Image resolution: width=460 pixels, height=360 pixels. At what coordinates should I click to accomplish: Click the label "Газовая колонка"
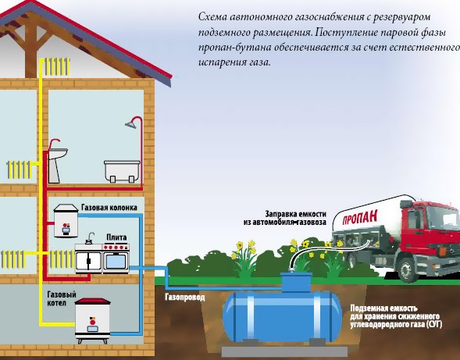tap(109, 208)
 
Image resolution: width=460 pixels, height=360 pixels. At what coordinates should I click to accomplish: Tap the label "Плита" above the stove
tap(116, 237)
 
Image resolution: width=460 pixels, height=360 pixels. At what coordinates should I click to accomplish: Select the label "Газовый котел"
tap(62, 298)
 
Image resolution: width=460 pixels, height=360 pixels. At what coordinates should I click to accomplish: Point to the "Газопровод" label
tap(185, 298)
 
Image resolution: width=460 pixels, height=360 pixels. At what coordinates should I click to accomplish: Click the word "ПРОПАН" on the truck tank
tap(360, 217)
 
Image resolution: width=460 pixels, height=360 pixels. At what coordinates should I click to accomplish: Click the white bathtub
tap(122, 171)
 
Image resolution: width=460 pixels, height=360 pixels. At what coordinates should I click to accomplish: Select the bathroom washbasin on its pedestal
tap(57, 164)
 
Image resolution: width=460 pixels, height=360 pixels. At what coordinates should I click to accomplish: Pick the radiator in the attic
tap(57, 66)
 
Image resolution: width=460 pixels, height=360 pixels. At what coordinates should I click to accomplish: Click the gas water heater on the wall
tap(66, 221)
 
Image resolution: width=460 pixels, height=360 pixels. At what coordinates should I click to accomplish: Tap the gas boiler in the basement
tap(93, 320)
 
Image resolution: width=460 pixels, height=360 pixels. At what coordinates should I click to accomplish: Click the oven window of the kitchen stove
tap(116, 262)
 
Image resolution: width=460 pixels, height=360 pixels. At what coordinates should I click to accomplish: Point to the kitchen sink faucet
tap(90, 237)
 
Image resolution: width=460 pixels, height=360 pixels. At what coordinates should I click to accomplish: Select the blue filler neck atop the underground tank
tap(296, 282)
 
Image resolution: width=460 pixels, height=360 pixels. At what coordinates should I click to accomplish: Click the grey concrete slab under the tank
tap(284, 351)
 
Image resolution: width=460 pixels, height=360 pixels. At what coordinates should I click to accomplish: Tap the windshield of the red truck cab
tap(444, 219)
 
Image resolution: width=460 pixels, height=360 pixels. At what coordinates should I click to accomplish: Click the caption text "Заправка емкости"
tap(295, 214)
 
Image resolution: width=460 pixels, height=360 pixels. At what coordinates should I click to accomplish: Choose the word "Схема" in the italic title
tap(212, 16)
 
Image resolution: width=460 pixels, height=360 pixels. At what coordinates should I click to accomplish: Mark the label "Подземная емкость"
tap(383, 308)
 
